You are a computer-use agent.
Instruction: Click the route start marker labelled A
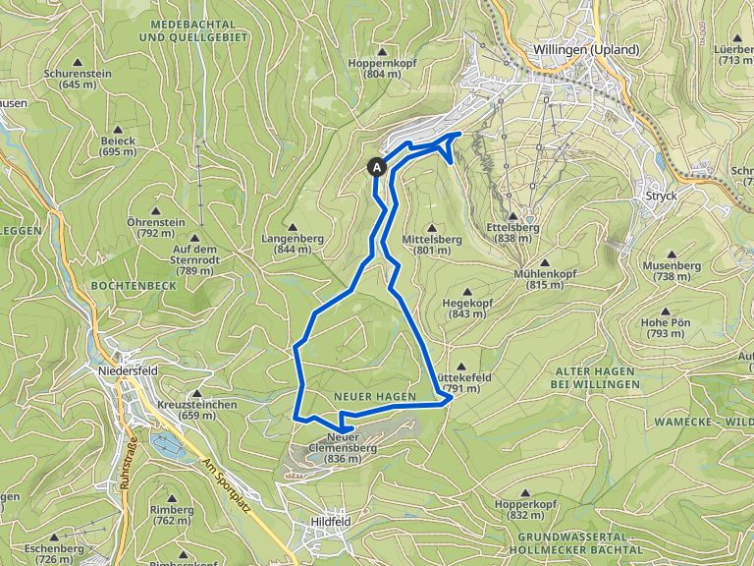click(378, 167)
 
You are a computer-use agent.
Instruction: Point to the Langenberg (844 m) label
click(287, 244)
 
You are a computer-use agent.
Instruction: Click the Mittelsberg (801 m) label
click(432, 244)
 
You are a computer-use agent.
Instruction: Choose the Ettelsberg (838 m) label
click(513, 232)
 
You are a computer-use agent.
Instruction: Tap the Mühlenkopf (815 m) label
click(538, 279)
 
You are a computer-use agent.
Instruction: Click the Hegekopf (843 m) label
click(466, 309)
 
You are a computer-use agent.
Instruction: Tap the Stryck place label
click(662, 196)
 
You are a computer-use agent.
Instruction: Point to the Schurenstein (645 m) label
click(78, 79)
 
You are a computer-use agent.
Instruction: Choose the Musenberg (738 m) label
click(672, 271)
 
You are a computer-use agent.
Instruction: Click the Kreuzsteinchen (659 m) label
click(196, 410)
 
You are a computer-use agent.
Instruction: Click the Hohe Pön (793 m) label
click(666, 328)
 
